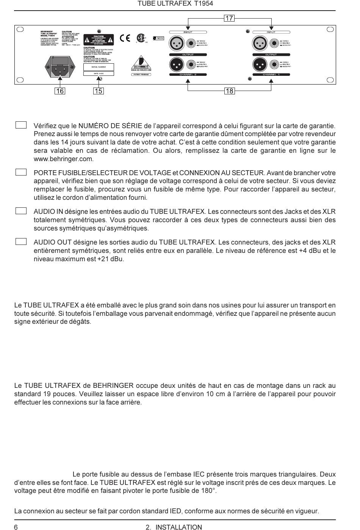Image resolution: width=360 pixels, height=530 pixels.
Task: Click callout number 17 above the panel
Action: tap(229, 18)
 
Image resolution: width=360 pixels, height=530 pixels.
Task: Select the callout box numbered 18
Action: tap(229, 91)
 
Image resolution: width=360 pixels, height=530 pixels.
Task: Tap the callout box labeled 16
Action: tap(60, 91)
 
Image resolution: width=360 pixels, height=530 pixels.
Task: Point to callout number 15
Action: tap(99, 91)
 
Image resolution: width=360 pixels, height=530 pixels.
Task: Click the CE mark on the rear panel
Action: tap(125, 38)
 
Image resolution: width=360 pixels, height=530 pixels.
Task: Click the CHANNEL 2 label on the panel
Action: tap(188, 75)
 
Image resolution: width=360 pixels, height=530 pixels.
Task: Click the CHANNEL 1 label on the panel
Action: tap(271, 75)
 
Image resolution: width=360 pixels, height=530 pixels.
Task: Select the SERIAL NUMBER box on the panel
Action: tap(99, 67)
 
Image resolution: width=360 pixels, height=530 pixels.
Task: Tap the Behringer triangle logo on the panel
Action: tap(141, 61)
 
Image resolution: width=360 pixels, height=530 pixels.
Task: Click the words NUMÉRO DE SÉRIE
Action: tap(110, 126)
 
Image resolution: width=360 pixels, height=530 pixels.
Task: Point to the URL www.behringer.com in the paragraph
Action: tap(64, 159)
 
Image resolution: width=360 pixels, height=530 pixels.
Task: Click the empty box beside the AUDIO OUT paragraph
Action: tap(21, 241)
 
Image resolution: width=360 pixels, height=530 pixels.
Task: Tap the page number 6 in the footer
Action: tap(16, 527)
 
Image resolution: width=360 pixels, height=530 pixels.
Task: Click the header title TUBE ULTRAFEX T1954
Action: tap(175, 4)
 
